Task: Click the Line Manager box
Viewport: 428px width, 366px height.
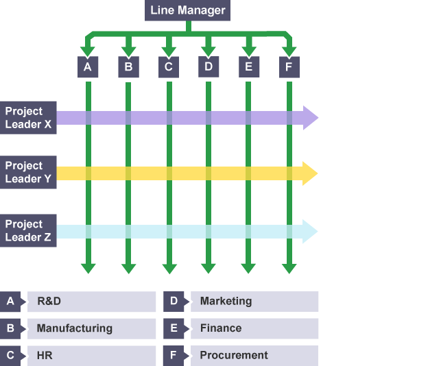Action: click(188, 10)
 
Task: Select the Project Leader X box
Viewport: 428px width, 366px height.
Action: click(28, 117)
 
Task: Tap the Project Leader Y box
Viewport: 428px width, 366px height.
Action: click(28, 172)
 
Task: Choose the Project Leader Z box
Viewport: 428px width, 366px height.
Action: click(28, 231)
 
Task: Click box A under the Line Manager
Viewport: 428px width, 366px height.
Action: click(87, 66)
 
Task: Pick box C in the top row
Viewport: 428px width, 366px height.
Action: click(168, 66)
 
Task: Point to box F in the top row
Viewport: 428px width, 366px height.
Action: click(289, 66)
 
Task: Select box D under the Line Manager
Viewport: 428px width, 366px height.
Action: click(209, 66)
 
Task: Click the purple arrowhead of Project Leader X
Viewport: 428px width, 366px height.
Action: click(311, 118)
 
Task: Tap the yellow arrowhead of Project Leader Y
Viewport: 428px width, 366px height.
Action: click(311, 173)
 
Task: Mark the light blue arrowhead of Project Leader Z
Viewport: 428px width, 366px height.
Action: click(311, 232)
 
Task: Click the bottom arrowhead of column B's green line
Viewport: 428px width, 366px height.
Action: click(128, 267)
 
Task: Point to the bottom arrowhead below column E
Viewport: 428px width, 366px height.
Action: click(248, 267)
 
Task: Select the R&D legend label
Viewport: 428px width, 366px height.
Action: click(49, 301)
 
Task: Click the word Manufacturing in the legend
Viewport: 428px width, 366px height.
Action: click(74, 328)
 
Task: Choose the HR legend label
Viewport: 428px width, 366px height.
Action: click(45, 356)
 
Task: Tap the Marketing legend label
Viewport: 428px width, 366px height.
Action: click(226, 301)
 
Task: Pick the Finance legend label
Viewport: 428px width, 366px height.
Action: click(220, 328)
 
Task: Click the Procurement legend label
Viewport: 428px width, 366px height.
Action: click(233, 356)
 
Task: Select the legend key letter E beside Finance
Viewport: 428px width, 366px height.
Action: click(174, 328)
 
